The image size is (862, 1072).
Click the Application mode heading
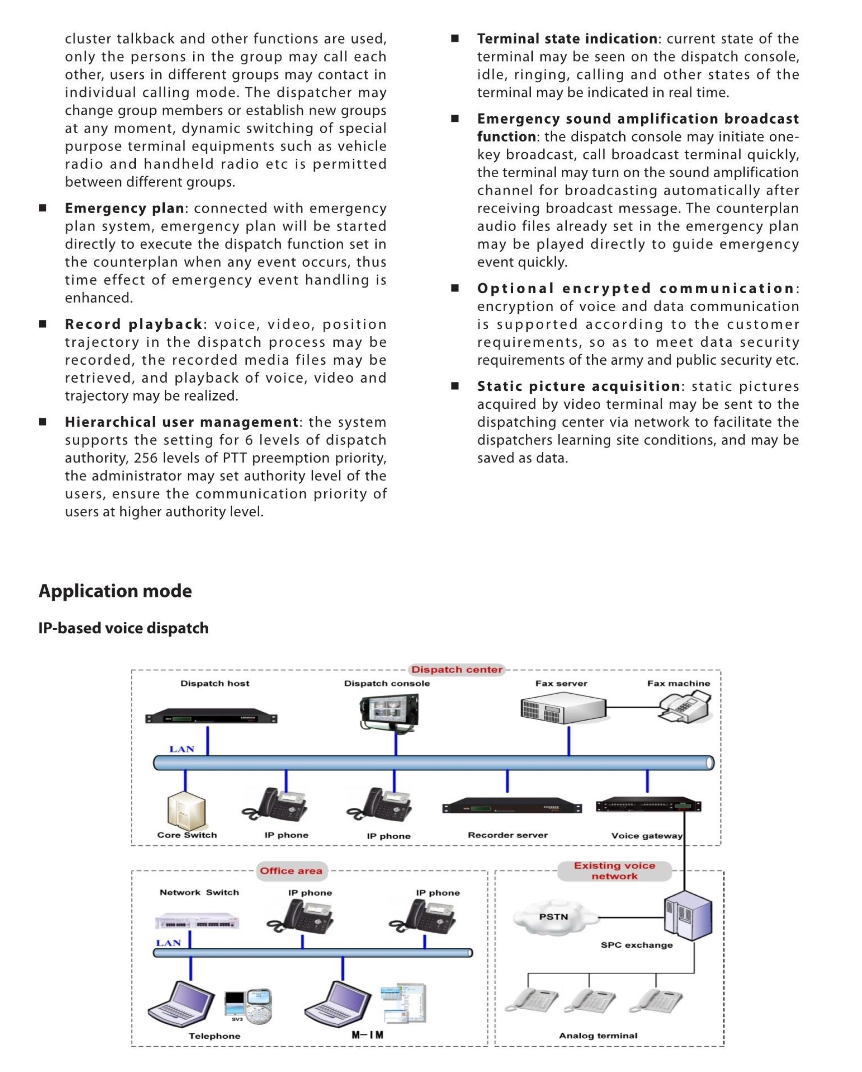[x=115, y=591]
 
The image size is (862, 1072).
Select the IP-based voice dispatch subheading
[x=124, y=628]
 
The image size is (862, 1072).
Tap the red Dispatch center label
[x=456, y=670]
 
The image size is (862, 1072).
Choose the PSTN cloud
[x=554, y=916]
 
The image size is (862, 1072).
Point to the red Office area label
[x=291, y=871]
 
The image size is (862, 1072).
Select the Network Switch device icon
[x=197, y=921]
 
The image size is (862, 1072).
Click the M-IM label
[x=367, y=1035]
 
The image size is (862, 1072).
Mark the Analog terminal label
[x=598, y=1036]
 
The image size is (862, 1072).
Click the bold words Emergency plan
[x=124, y=208]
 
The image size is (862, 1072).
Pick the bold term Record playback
[x=134, y=324]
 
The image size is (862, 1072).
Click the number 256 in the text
[x=146, y=458]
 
